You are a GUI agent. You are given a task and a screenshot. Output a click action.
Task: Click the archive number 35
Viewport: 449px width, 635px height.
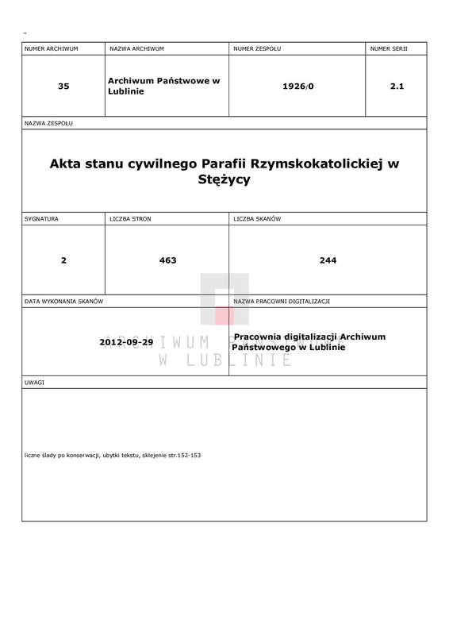[x=63, y=87]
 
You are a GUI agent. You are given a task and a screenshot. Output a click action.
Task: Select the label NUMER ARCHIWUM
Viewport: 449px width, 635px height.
[x=52, y=49]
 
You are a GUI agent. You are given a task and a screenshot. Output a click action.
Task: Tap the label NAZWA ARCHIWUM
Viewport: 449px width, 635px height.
[x=136, y=49]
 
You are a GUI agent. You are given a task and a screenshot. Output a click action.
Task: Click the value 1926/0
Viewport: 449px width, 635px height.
[x=298, y=87]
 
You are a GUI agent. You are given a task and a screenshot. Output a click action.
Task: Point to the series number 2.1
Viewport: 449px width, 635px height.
[x=397, y=87]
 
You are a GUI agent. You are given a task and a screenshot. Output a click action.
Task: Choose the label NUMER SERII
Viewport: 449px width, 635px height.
[x=389, y=49]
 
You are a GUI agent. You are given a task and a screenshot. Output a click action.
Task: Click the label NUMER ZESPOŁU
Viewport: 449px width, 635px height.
[x=257, y=49]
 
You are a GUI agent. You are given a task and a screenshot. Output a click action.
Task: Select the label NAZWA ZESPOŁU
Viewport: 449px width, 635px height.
[x=49, y=124]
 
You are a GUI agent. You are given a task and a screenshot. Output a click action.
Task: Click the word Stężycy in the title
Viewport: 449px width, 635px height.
[x=224, y=179]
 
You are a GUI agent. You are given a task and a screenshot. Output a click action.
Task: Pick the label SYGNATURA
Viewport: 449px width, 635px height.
[x=41, y=217]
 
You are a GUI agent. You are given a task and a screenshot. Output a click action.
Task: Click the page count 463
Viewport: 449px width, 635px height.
[x=167, y=260]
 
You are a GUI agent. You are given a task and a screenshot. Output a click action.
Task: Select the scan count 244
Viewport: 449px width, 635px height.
[x=328, y=260]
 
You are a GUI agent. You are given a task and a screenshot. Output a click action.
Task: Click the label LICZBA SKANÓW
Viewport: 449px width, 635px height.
[x=258, y=217]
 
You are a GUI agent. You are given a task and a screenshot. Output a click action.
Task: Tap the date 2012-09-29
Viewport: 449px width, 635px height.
[x=126, y=342]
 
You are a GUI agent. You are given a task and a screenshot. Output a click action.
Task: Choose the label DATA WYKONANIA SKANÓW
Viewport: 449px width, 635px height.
[x=64, y=302]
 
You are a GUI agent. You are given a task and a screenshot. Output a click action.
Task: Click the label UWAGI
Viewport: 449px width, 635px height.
[x=34, y=383]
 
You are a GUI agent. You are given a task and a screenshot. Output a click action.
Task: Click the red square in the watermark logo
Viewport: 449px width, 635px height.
[x=224, y=316]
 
